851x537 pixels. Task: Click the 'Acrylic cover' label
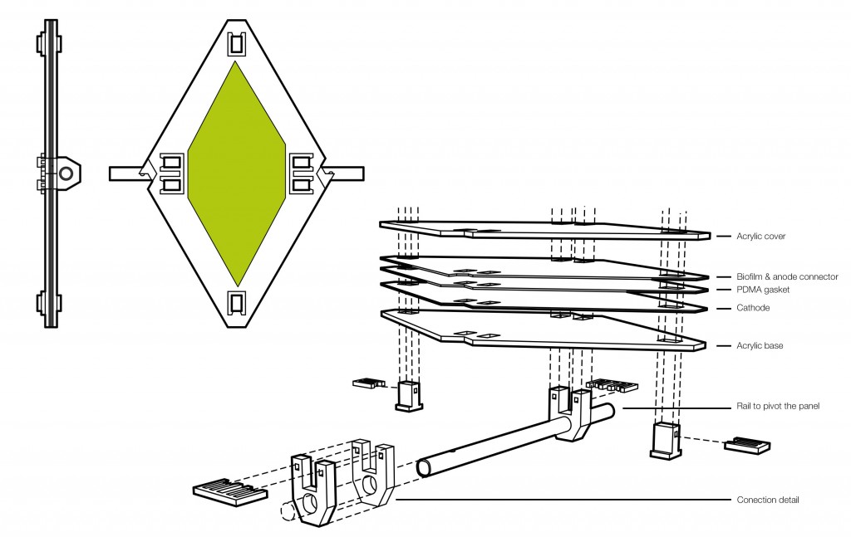(x=760, y=237)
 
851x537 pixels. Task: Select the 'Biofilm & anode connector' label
(x=787, y=276)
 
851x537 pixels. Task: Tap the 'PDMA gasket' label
(x=761, y=290)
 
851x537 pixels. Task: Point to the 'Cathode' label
(x=753, y=308)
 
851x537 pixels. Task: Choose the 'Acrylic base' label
(x=760, y=344)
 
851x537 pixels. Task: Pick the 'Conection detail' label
(x=768, y=500)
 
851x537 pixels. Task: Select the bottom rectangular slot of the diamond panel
(x=238, y=304)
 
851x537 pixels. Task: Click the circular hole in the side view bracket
(x=65, y=173)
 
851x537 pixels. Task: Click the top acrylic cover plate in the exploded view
(x=540, y=229)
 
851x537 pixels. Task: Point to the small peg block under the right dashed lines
(x=665, y=437)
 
